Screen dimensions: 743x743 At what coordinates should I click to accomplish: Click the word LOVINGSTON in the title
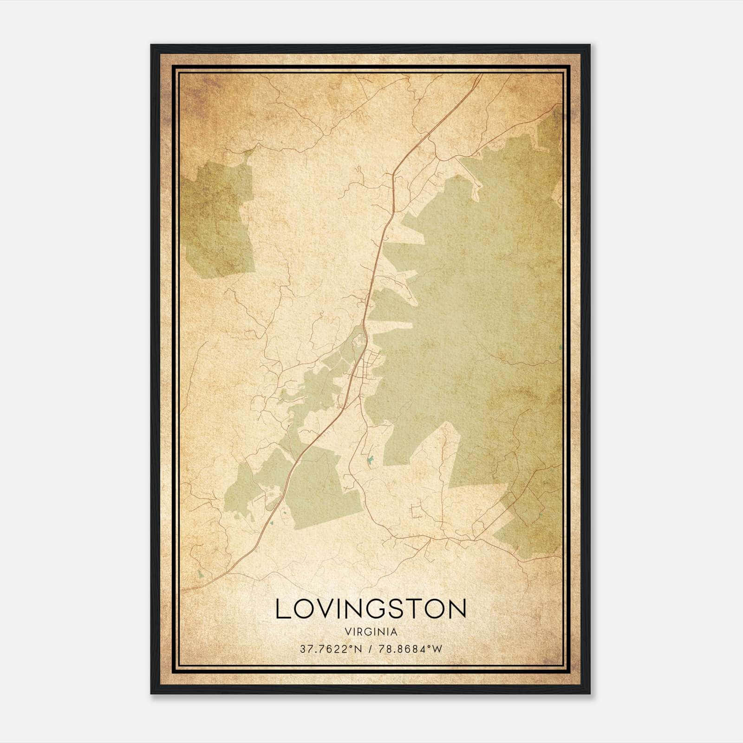click(371, 609)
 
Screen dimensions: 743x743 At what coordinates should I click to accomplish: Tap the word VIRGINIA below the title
click(371, 632)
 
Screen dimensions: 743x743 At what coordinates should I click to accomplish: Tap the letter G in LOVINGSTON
click(381, 609)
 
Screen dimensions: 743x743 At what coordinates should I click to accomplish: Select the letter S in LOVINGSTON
click(403, 609)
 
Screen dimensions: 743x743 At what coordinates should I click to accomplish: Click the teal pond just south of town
click(370, 460)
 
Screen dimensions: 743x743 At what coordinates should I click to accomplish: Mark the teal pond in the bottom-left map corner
click(200, 574)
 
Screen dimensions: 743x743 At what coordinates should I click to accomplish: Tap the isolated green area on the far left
click(218, 218)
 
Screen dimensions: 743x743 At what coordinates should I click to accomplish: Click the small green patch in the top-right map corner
click(550, 128)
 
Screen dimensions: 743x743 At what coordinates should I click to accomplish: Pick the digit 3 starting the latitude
click(303, 649)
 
